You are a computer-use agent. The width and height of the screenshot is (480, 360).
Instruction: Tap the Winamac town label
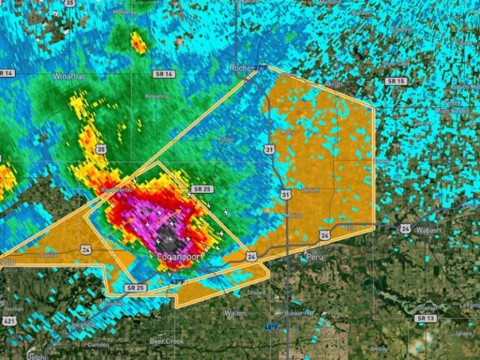pyautogui.click(x=69, y=76)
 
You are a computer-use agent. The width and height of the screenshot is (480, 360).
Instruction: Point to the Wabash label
pyautogui.click(x=428, y=230)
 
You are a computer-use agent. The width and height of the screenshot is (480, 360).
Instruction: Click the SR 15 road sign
pyautogui.click(x=396, y=81)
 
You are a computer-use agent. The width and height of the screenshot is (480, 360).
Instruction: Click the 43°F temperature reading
pyautogui.click(x=177, y=282)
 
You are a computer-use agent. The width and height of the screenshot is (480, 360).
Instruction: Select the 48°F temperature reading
pyautogui.click(x=270, y=327)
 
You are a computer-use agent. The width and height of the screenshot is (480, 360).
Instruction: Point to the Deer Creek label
pyautogui.click(x=166, y=341)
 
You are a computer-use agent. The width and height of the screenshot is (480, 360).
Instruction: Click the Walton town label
pyautogui.click(x=235, y=312)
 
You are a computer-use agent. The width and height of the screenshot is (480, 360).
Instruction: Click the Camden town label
pyautogui.click(x=99, y=344)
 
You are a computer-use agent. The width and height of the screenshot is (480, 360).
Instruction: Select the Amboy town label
pyautogui.click(x=379, y=349)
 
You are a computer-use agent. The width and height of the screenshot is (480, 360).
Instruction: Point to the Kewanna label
pyautogui.click(x=156, y=96)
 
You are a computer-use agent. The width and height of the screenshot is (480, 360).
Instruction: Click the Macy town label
pyautogui.click(x=287, y=132)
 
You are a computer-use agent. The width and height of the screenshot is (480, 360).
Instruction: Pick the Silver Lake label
pyautogui.click(x=397, y=63)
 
